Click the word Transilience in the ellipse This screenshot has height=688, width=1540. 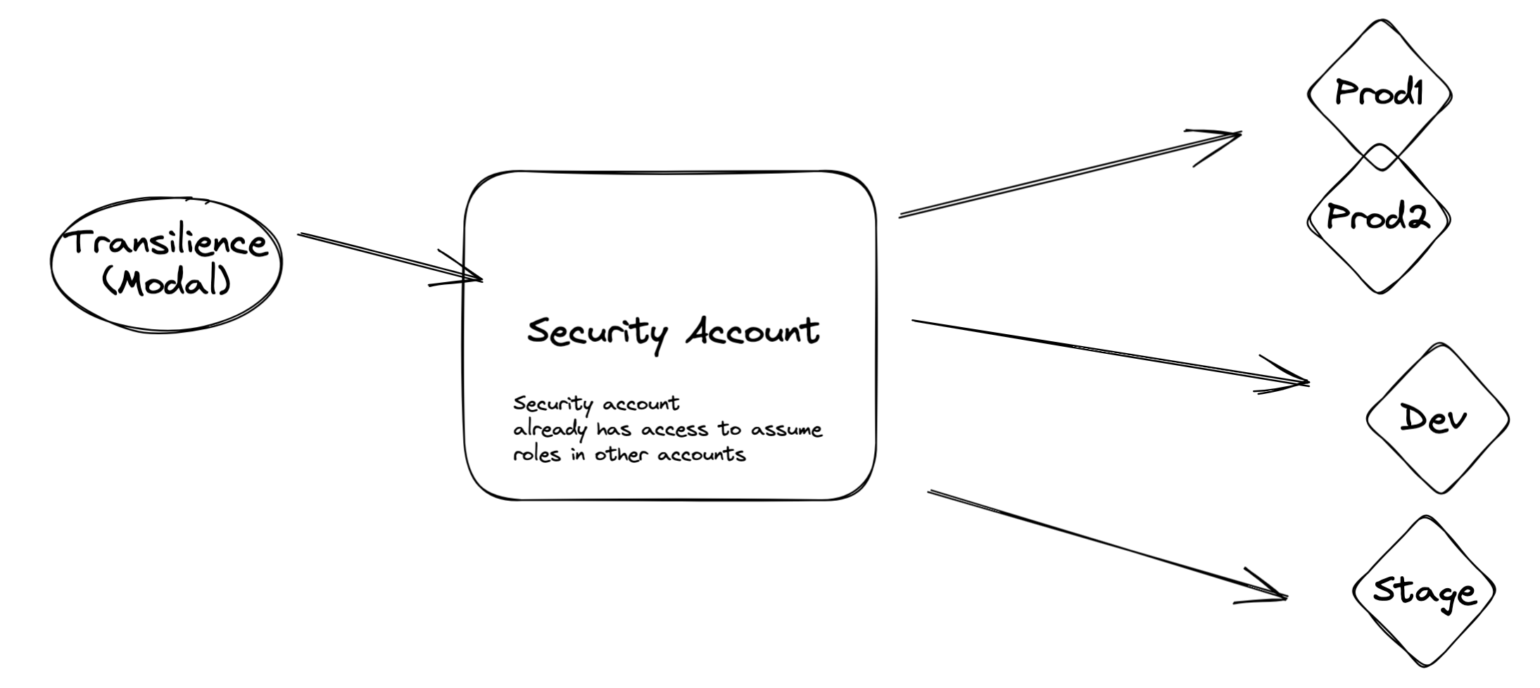pos(168,243)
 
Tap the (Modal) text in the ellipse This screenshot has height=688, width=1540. pos(166,283)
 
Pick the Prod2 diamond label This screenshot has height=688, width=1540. pos(1377,217)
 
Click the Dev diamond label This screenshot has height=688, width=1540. pos(1433,419)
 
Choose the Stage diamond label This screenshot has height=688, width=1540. pos(1423,592)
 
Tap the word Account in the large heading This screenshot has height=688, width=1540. pos(752,331)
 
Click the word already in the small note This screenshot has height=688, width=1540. pos(549,430)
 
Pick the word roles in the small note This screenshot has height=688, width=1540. pos(537,454)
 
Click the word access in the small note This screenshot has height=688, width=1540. pos(674,429)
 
